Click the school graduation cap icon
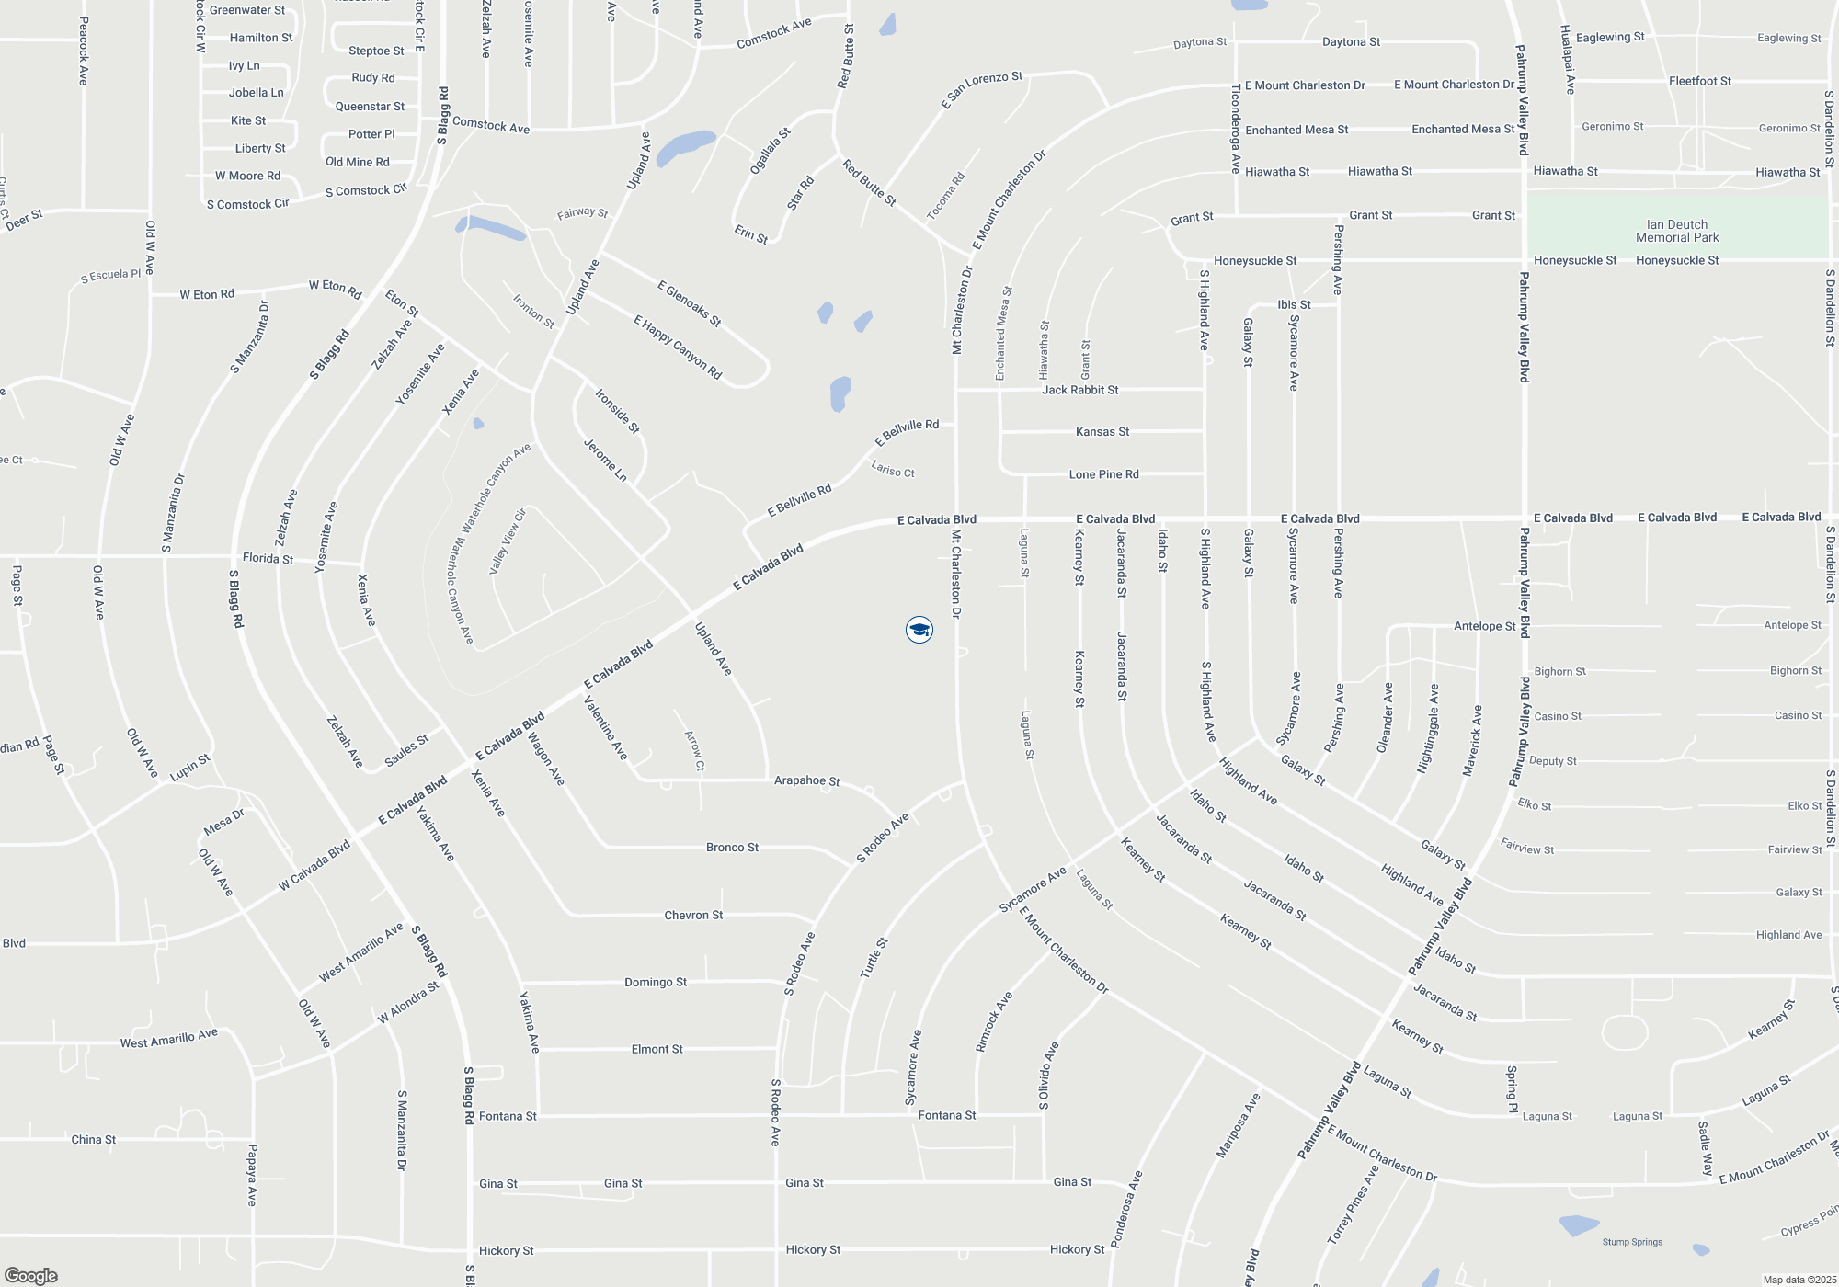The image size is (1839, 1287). pyautogui.click(x=919, y=630)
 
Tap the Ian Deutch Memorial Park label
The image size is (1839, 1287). pyautogui.click(x=1677, y=231)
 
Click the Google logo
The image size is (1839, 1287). pyautogui.click(x=31, y=1275)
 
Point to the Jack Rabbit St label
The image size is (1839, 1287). pyautogui.click(x=1079, y=390)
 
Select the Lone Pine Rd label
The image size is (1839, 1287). pyautogui.click(x=1103, y=474)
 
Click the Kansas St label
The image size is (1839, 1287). pyautogui.click(x=1102, y=431)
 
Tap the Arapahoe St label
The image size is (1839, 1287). pyautogui.click(x=806, y=780)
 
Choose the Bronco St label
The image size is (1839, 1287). pyautogui.click(x=732, y=847)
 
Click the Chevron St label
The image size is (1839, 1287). pyautogui.click(x=693, y=915)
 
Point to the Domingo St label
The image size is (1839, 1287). pyautogui.click(x=656, y=982)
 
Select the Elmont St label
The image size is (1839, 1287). pyautogui.click(x=657, y=1049)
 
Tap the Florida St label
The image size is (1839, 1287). pyautogui.click(x=268, y=558)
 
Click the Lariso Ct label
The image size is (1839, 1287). pyautogui.click(x=893, y=469)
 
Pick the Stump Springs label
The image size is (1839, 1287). pyautogui.click(x=1632, y=1242)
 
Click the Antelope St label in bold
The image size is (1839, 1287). pyautogui.click(x=1484, y=626)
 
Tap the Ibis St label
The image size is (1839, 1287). pyautogui.click(x=1294, y=304)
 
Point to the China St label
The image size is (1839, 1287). pyautogui.click(x=94, y=1139)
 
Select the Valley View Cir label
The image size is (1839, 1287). pyautogui.click(x=507, y=541)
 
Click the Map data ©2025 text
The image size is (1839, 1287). pyautogui.click(x=1799, y=1280)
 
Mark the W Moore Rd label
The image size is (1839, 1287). pyautogui.click(x=247, y=176)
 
